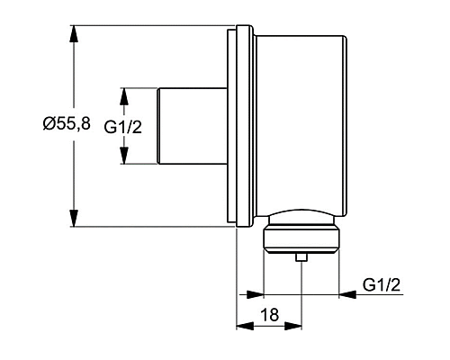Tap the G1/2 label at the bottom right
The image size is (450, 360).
[x=381, y=284]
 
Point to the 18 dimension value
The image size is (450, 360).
[x=268, y=315]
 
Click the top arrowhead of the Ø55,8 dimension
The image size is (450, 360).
[x=72, y=31]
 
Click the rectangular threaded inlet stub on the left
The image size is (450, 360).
[x=190, y=126]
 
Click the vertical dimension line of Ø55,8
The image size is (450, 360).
[x=72, y=81]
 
